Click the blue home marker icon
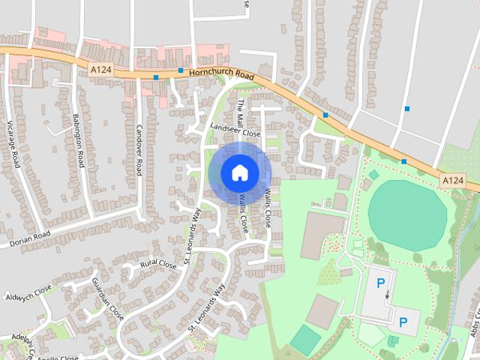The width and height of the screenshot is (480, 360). coord(239,172)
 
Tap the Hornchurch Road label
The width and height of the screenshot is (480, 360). coord(221,74)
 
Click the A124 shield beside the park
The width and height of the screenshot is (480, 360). coord(452,181)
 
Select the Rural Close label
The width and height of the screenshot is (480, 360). coord(158,265)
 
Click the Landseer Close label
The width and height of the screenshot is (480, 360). coord(235,130)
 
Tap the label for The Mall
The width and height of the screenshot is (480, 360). coord(241,112)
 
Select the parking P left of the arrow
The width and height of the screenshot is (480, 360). coord(380,283)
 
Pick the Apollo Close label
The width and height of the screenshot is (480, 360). coord(58,358)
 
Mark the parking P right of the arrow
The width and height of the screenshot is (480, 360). coord(403,323)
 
